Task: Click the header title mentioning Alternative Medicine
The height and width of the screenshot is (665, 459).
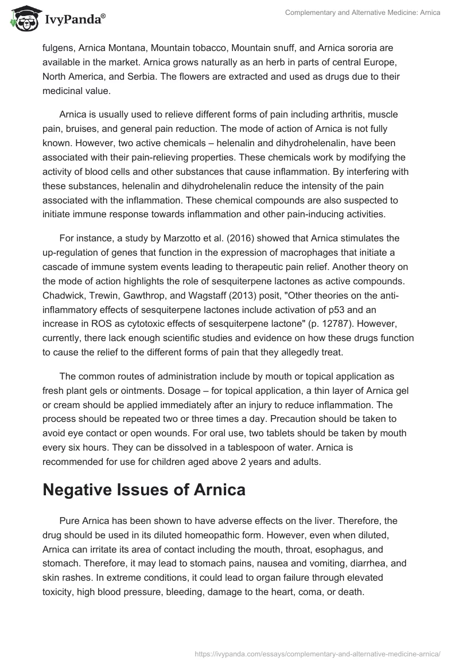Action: click(361, 13)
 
